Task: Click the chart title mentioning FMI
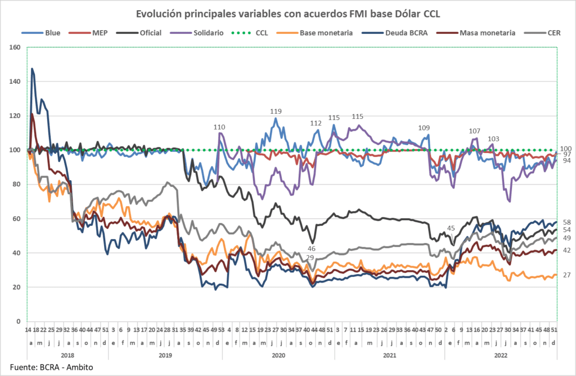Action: click(x=287, y=13)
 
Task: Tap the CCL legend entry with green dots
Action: click(x=261, y=33)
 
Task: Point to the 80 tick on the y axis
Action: click(x=16, y=185)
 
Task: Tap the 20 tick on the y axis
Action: click(x=16, y=288)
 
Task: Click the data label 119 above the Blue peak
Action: click(x=276, y=111)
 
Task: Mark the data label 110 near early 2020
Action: click(x=219, y=127)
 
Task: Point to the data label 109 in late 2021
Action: click(x=424, y=128)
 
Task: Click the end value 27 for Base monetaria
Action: click(x=567, y=275)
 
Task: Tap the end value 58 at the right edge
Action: click(x=567, y=222)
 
